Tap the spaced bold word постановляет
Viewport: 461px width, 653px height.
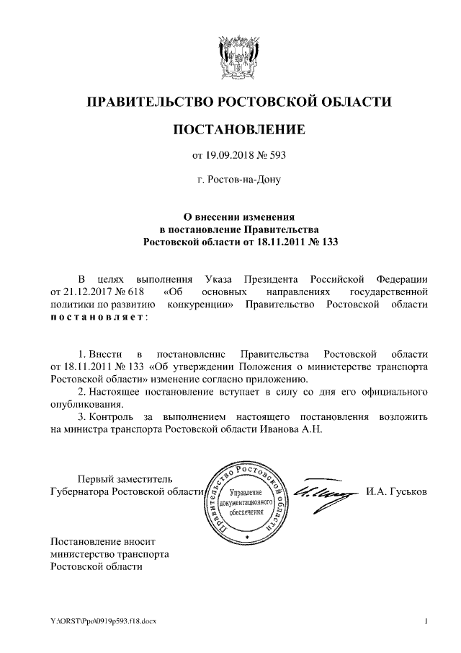(x=97, y=317)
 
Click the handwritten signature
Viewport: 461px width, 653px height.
(x=324, y=491)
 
